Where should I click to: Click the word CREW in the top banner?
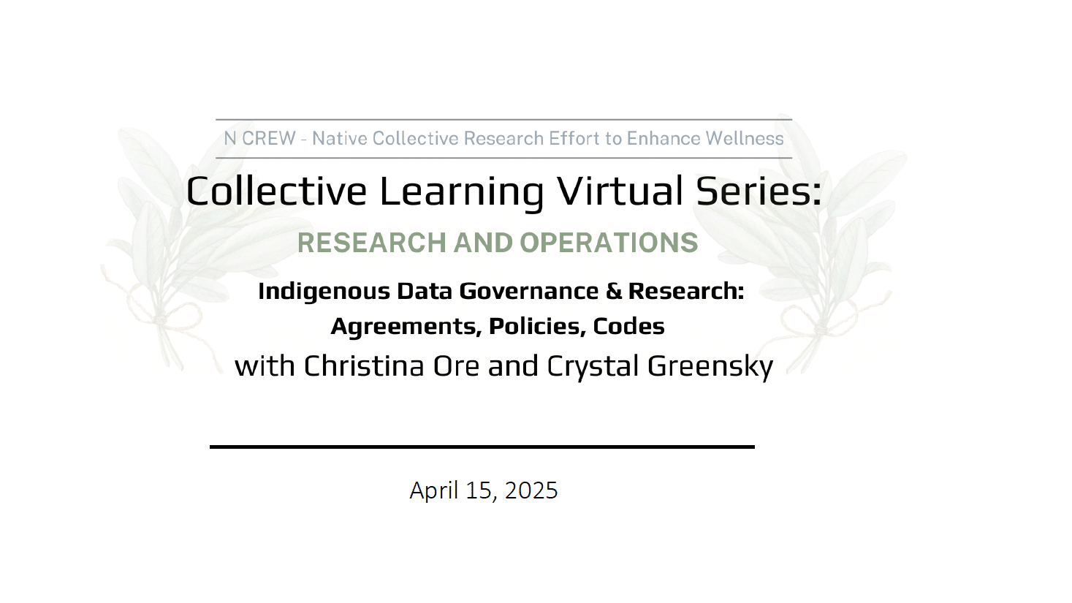point(269,138)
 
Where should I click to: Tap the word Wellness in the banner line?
point(745,138)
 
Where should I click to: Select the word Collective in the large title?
point(276,191)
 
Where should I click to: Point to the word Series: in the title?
point(759,191)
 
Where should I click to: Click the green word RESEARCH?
point(372,243)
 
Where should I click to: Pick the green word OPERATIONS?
point(609,243)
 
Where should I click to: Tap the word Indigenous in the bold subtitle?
point(324,292)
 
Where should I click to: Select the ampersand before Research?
point(614,291)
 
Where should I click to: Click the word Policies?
point(537,327)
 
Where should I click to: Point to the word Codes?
point(629,327)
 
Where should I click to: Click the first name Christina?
point(364,366)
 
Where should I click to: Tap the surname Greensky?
point(710,367)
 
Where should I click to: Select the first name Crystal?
point(593,367)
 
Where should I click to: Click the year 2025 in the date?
point(531,490)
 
